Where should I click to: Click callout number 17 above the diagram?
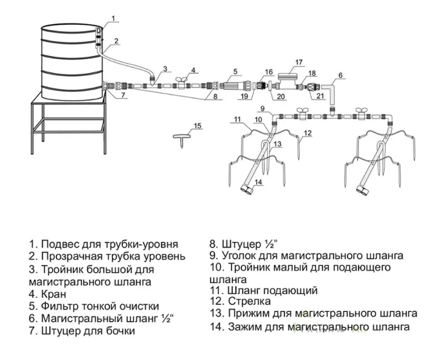[x=299, y=62]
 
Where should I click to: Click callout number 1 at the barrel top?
[x=113, y=18]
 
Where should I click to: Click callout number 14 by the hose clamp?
[x=259, y=182]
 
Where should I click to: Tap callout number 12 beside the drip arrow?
[x=308, y=133]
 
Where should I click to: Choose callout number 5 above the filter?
[x=235, y=71]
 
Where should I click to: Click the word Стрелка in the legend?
[x=249, y=302]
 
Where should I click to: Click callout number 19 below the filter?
[x=245, y=96]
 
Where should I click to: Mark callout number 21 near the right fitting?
[x=320, y=96]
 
